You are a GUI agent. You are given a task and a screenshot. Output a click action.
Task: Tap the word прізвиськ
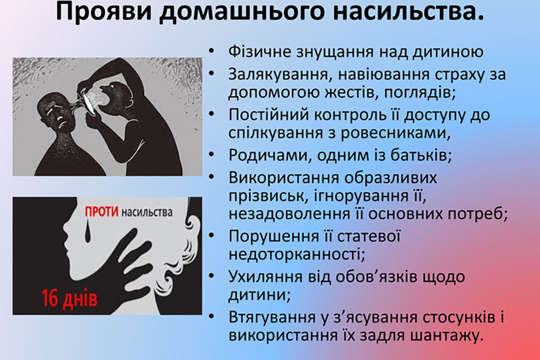pyautogui.click(x=268, y=196)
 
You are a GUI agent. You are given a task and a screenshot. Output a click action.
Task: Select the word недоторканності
pyautogui.click(x=296, y=255)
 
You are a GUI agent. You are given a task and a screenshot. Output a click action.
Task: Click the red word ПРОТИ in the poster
pyautogui.click(x=102, y=212)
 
